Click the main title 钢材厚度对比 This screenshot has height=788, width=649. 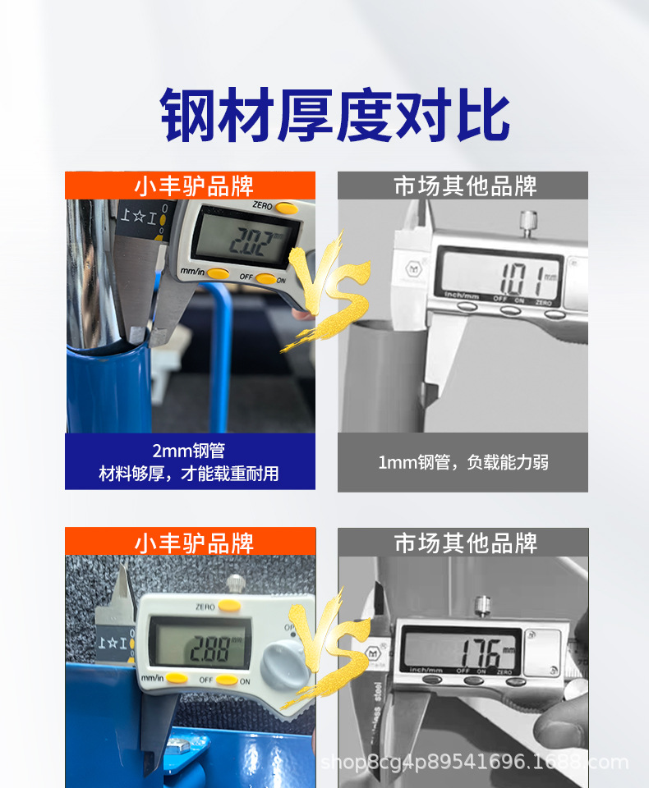335,117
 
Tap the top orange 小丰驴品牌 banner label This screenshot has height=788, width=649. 191,186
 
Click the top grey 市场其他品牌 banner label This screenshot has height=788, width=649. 463,186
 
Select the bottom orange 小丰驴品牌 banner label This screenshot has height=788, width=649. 191,543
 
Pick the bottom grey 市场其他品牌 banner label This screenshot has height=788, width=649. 463,543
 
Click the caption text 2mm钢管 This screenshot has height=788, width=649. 189,451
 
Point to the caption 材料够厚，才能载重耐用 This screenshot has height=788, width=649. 189,474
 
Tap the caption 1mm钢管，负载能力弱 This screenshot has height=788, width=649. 463,462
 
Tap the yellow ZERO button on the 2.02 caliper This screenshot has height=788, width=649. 286,208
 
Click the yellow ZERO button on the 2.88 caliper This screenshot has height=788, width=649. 229,605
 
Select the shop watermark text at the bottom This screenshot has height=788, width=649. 474,763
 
